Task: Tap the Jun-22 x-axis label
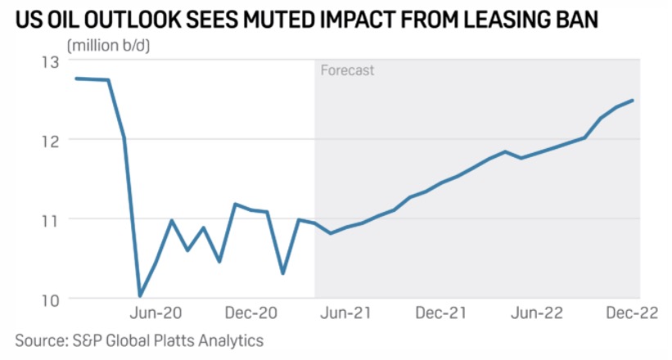[x=536, y=313]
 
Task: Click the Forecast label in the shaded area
[x=347, y=70]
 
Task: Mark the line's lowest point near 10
[x=140, y=295]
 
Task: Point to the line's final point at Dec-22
[x=633, y=101]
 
